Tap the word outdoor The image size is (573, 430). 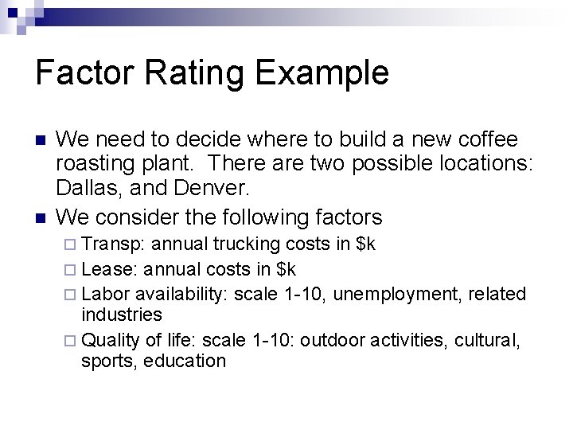pos(337,341)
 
